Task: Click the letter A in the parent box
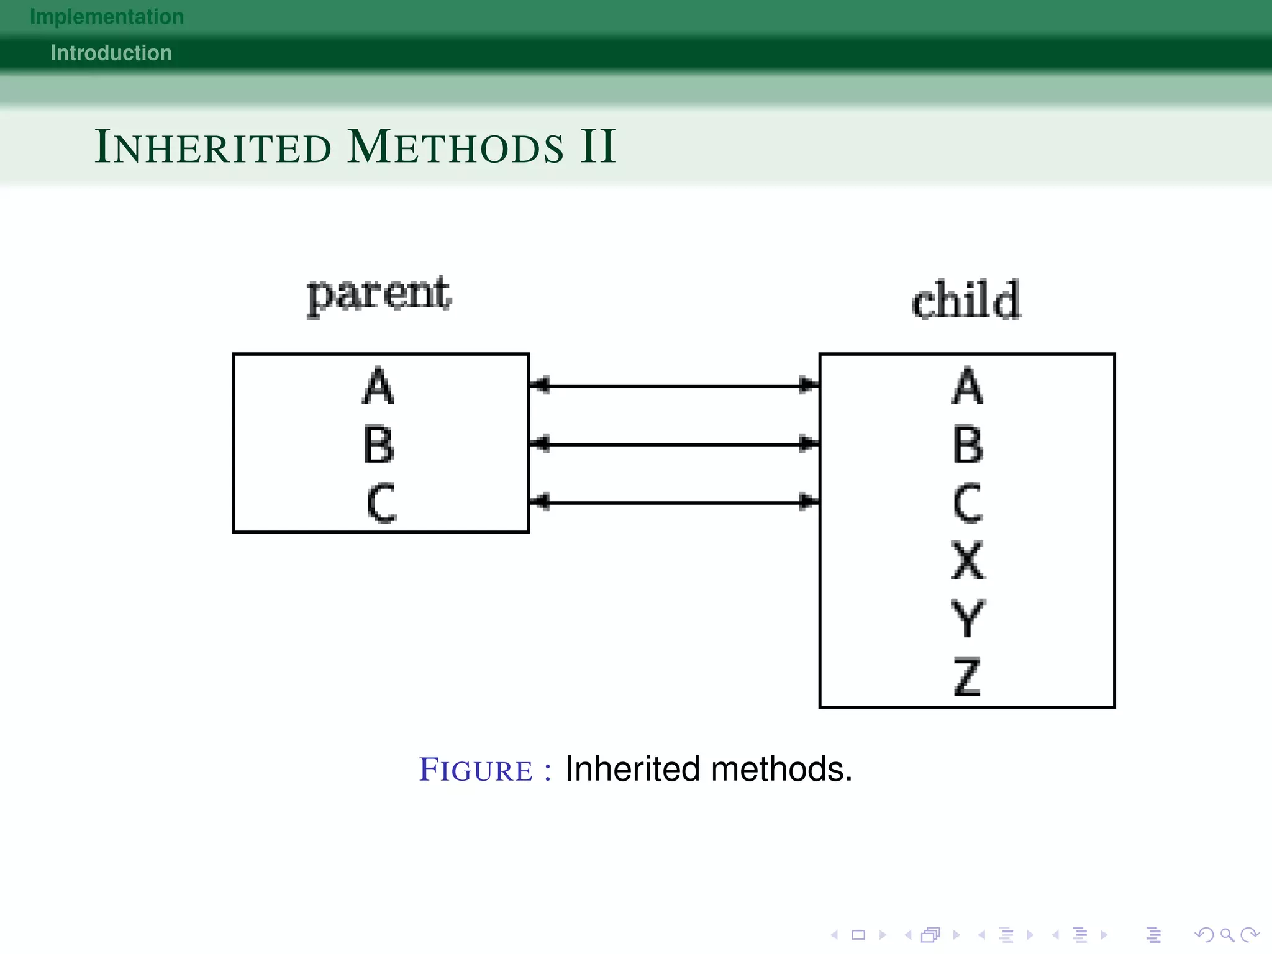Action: point(378,386)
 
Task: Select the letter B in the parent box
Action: point(378,445)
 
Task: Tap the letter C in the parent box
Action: point(381,502)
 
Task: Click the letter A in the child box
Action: point(967,386)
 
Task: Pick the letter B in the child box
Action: point(968,445)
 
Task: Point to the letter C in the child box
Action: point(968,502)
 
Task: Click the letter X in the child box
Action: point(968,560)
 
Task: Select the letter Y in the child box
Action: point(968,619)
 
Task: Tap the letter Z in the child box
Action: point(968,676)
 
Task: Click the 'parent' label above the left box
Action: point(379,294)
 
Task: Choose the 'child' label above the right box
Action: point(966,301)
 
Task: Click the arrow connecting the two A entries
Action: point(674,386)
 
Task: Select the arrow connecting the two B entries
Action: point(674,445)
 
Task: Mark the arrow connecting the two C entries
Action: point(674,502)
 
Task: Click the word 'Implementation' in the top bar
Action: point(107,17)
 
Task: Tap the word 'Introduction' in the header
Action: point(111,53)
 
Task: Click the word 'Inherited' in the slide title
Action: point(213,147)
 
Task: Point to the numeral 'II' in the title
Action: point(597,147)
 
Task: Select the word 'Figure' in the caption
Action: point(476,770)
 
